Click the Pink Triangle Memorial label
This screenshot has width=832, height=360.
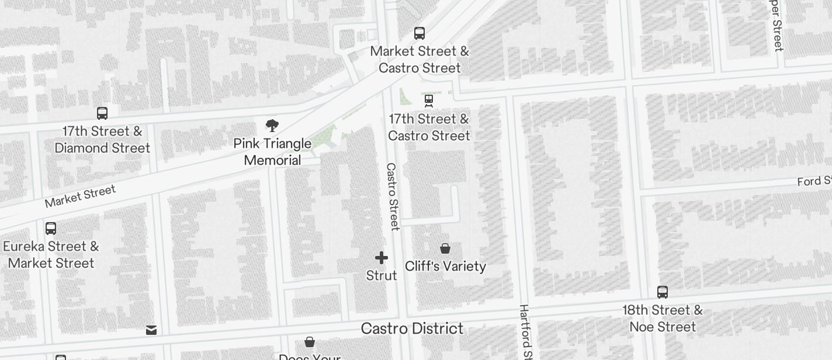click(x=272, y=152)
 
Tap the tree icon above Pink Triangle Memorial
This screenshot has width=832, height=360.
click(x=272, y=126)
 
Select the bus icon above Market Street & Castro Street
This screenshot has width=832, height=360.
click(x=420, y=33)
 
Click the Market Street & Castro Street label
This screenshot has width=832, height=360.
click(x=420, y=60)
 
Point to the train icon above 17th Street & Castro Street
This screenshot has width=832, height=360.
click(x=429, y=101)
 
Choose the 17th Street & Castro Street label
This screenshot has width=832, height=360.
click(x=429, y=127)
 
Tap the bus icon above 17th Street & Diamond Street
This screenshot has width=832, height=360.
click(x=102, y=113)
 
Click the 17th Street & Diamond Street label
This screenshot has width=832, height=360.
click(x=102, y=140)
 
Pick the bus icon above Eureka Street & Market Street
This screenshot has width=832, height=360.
click(x=51, y=229)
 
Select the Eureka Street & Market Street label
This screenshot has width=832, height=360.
click(x=51, y=255)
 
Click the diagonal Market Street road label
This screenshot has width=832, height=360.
click(x=80, y=196)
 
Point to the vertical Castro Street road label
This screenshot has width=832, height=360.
click(x=392, y=196)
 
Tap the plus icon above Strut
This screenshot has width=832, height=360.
click(x=382, y=258)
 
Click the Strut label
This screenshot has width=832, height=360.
click(x=382, y=275)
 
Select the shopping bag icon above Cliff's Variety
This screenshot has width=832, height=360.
click(x=445, y=248)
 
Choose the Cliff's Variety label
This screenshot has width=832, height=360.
click(x=445, y=266)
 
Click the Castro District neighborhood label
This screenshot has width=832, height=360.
click(x=412, y=328)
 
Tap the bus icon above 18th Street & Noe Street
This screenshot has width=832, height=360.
click(x=663, y=292)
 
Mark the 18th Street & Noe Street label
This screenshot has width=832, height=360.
click(x=663, y=319)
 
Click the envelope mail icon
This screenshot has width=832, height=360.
click(x=151, y=331)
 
